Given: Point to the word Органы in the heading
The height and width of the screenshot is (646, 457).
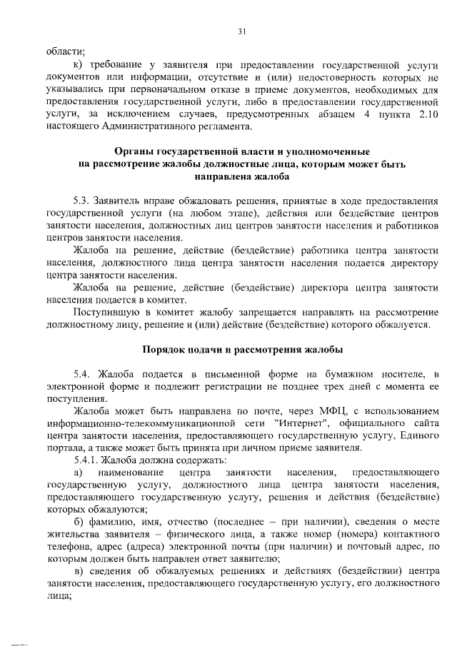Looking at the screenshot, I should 139,151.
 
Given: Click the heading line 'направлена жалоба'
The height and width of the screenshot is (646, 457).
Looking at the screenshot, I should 241,176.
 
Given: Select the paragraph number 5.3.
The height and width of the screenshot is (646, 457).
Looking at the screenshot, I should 82,201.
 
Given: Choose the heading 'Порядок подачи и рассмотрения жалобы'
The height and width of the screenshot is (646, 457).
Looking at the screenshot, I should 241,350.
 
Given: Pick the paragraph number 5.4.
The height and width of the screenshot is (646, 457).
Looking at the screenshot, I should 82,374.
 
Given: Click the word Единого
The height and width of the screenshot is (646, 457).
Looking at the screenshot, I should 418,436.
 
